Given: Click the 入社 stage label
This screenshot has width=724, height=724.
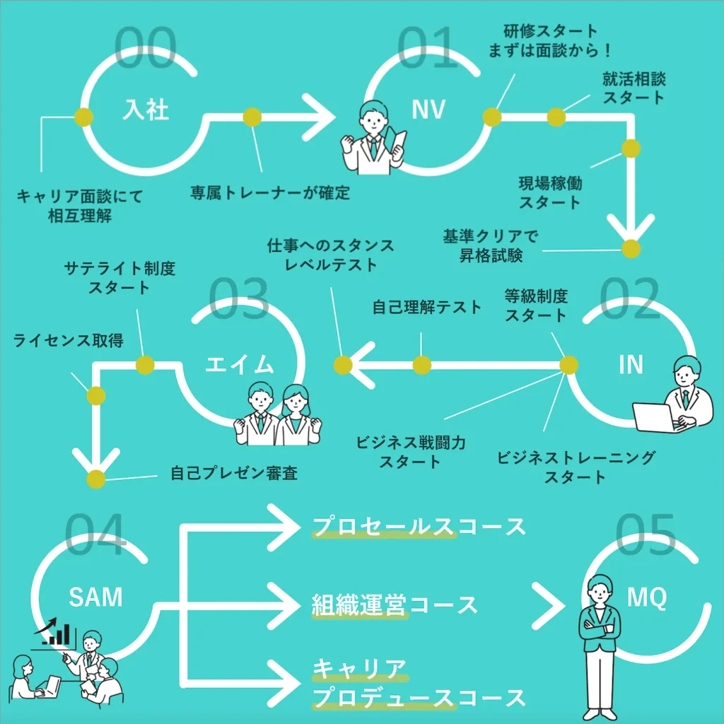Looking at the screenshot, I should tap(146, 110).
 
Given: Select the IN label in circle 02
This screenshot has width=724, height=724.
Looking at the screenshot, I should tap(631, 364).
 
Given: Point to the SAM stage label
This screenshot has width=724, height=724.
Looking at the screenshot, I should tap(95, 597).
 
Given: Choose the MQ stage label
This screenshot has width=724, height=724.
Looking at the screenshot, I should tap(647, 599).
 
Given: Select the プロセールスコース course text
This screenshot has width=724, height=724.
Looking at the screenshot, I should tap(419, 527).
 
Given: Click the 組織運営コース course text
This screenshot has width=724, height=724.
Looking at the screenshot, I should tap(395, 605).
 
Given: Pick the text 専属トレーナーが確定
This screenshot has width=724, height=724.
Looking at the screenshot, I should tap(270, 192).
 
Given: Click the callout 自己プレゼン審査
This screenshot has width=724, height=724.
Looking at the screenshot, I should tap(234, 473).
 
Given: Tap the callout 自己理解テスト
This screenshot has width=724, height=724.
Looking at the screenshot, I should tap(427, 307).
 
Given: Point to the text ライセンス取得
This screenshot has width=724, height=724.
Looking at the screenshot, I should tap(69, 341).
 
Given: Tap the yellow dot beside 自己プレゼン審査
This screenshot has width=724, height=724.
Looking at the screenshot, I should tap(95, 479).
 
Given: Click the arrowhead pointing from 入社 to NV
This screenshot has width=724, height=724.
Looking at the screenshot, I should tap(322, 117).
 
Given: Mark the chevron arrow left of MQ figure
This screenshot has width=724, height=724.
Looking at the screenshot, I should tap(554, 605).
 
